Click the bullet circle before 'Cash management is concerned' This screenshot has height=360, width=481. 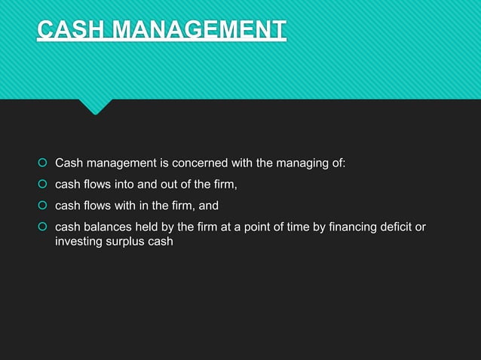42,163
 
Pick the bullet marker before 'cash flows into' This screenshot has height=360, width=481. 42,184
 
